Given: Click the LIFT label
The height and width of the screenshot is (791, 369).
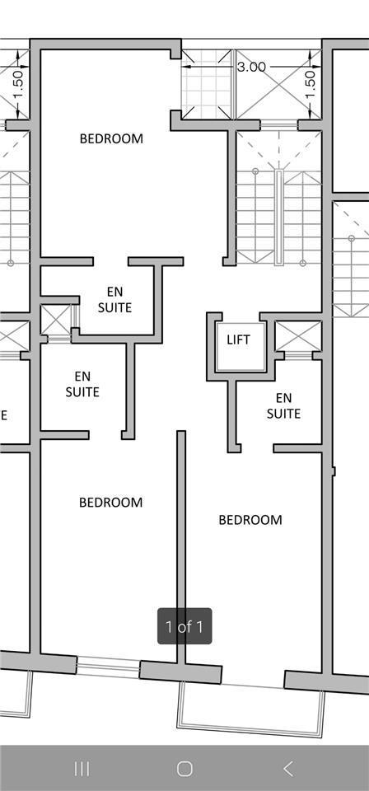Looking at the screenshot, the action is [238, 339].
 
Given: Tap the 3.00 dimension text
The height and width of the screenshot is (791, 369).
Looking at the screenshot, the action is [251, 67].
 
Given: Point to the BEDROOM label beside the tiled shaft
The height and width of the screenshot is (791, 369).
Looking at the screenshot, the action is [111, 138].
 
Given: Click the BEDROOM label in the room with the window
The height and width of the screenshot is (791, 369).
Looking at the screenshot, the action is [111, 503].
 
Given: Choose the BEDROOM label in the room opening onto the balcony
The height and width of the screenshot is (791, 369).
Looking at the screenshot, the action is [250, 520].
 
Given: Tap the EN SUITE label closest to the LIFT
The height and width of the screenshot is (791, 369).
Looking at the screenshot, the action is [284, 406].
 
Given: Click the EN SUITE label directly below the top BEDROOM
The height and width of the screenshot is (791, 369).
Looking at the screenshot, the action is [115, 300].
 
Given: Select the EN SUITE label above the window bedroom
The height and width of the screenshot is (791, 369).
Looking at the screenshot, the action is [82, 384].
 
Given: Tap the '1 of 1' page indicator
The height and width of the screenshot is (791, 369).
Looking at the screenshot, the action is [184, 626].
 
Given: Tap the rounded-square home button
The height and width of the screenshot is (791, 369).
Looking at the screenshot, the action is [185, 768].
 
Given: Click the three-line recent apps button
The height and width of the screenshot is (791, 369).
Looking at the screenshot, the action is [82, 768].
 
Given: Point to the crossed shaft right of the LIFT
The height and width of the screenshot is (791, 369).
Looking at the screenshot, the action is [298, 336].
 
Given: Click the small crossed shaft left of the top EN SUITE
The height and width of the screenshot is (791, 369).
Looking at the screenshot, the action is [55, 320].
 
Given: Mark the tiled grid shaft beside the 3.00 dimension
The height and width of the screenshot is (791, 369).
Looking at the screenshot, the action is [207, 84].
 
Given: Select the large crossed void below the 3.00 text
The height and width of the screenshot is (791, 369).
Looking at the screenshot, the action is [278, 84].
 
